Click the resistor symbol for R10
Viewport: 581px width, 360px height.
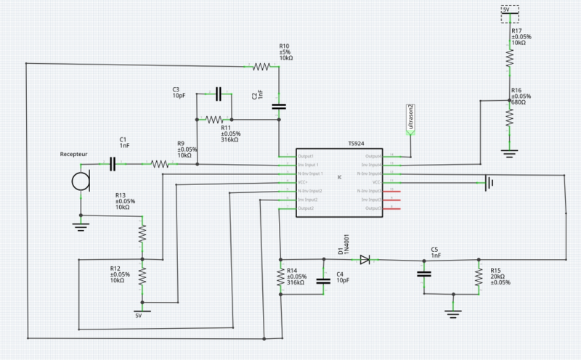tap(261, 67)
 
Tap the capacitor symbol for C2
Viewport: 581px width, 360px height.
tap(279, 107)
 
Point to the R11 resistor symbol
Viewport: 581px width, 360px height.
tap(214, 120)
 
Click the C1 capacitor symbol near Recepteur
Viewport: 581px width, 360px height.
tap(113, 164)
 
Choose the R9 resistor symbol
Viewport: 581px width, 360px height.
tap(161, 164)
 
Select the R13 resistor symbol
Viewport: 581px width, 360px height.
tap(142, 233)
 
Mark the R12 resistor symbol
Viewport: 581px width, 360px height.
tap(142, 276)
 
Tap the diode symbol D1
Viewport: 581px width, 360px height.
tap(365, 259)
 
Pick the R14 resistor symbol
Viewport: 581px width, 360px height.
tap(280, 277)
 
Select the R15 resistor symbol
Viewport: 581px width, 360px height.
tap(479, 277)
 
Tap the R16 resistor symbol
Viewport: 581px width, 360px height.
tap(509, 116)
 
